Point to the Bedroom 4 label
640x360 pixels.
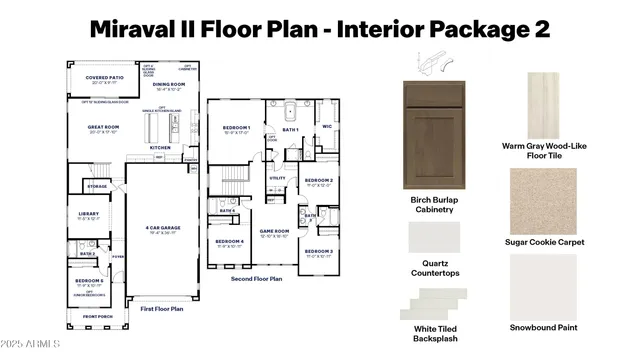229,241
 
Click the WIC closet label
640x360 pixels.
326,127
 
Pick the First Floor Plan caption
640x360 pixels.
162,309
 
